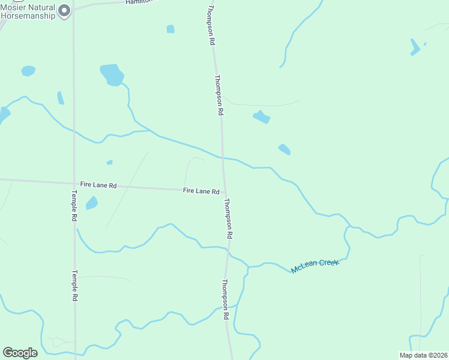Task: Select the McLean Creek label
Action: (x=315, y=266)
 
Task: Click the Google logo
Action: (x=20, y=353)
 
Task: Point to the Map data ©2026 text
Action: (x=423, y=355)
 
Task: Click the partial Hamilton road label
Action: (x=139, y=2)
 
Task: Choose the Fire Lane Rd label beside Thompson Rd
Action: (x=200, y=191)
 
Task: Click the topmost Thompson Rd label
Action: (x=211, y=25)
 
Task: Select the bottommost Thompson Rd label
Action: (x=226, y=299)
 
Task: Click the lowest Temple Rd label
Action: (x=75, y=285)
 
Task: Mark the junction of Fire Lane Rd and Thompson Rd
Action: (x=224, y=192)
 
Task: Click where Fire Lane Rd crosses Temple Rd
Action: (x=74, y=183)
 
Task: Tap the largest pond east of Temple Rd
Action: (x=112, y=74)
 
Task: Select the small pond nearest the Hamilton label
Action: (x=170, y=29)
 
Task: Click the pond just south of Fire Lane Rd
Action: (x=91, y=203)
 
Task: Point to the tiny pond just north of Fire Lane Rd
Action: (x=109, y=162)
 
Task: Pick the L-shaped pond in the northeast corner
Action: (x=415, y=47)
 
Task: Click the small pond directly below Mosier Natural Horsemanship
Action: (x=28, y=71)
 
